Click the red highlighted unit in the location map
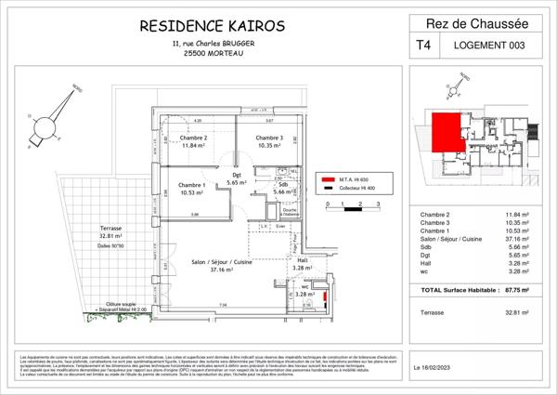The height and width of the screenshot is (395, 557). pos(447,131)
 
